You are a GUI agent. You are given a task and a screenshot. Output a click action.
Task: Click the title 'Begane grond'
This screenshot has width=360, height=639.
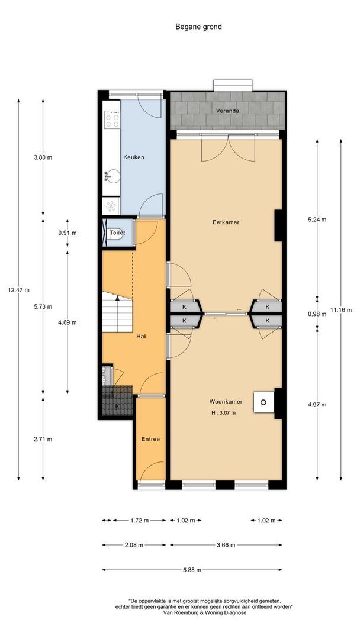click(198, 27)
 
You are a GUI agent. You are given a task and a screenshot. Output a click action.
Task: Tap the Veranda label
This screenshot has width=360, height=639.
click(227, 111)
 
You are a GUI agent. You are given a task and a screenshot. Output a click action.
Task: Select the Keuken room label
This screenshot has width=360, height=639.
click(134, 157)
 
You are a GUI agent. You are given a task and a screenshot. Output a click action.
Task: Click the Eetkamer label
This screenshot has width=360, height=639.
click(226, 222)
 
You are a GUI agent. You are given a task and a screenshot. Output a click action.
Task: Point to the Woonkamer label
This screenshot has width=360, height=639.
click(226, 401)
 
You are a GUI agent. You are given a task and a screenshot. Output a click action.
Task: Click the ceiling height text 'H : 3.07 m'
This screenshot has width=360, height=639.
click(223, 412)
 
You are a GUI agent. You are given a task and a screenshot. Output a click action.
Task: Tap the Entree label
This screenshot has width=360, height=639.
click(150, 439)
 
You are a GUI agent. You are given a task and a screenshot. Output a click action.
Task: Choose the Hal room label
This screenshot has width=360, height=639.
click(142, 337)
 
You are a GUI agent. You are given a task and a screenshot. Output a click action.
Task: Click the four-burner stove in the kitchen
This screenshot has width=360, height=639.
click(112, 120)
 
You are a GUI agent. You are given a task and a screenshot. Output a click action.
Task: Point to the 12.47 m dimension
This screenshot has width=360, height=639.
click(18, 290)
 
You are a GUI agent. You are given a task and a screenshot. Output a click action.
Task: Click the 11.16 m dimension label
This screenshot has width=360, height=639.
click(341, 309)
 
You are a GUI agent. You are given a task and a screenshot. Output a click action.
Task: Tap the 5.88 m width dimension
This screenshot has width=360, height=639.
click(192, 570)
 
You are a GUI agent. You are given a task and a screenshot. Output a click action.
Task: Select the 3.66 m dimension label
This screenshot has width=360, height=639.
click(226, 545)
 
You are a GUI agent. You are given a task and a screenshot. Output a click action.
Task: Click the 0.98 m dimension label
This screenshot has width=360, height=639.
click(317, 314)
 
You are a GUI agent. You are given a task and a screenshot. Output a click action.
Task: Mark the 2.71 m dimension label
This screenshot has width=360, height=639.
click(43, 439)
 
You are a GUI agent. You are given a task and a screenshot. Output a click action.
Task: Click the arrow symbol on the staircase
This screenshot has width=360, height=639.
click(117, 299)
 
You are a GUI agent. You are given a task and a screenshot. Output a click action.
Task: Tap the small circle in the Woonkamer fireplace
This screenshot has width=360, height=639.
click(263, 402)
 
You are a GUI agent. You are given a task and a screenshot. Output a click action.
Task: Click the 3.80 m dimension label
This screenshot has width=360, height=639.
click(43, 157)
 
